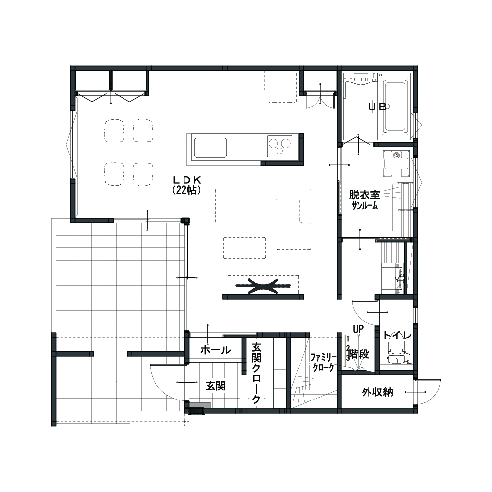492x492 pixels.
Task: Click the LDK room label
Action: point(187,180)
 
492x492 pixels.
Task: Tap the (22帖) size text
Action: point(186,190)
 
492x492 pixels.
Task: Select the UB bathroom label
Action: point(377,107)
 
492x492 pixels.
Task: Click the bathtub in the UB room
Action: point(396,107)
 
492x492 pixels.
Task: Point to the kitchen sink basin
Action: point(210,148)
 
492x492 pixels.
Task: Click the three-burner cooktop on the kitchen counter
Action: point(280,146)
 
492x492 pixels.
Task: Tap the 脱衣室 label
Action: point(365,195)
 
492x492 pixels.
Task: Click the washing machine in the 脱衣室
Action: point(396,163)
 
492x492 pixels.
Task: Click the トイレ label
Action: point(398,336)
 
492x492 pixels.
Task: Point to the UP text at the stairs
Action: point(358,329)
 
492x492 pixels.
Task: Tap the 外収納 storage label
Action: point(377,392)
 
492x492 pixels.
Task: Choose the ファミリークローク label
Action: point(323,363)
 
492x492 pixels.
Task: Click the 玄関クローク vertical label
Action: point(256,373)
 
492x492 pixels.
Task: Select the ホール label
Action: point(215,350)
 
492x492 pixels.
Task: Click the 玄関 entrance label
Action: point(215,386)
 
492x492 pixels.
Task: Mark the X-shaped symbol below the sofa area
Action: point(264,286)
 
